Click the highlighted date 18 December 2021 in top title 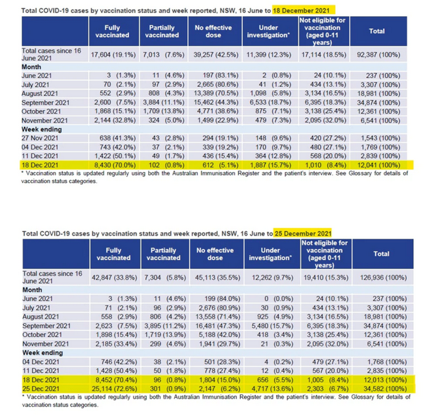(301, 10)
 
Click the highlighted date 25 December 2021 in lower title (303, 233)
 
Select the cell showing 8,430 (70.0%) (115, 165)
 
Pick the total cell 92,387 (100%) (378, 55)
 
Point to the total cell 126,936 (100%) (384, 278)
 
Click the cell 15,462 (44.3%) (216, 102)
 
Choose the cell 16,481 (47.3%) (218, 326)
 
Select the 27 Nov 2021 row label (40, 138)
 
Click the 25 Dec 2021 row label (41, 389)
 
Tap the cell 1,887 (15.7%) (270, 165)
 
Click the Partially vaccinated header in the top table (162, 32)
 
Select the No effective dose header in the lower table (215, 254)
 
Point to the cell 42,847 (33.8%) (115, 278)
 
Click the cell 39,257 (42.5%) (216, 55)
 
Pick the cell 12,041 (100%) (378, 165)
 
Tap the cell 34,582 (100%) (385, 389)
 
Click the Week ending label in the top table (42, 129)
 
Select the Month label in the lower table (32, 290)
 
